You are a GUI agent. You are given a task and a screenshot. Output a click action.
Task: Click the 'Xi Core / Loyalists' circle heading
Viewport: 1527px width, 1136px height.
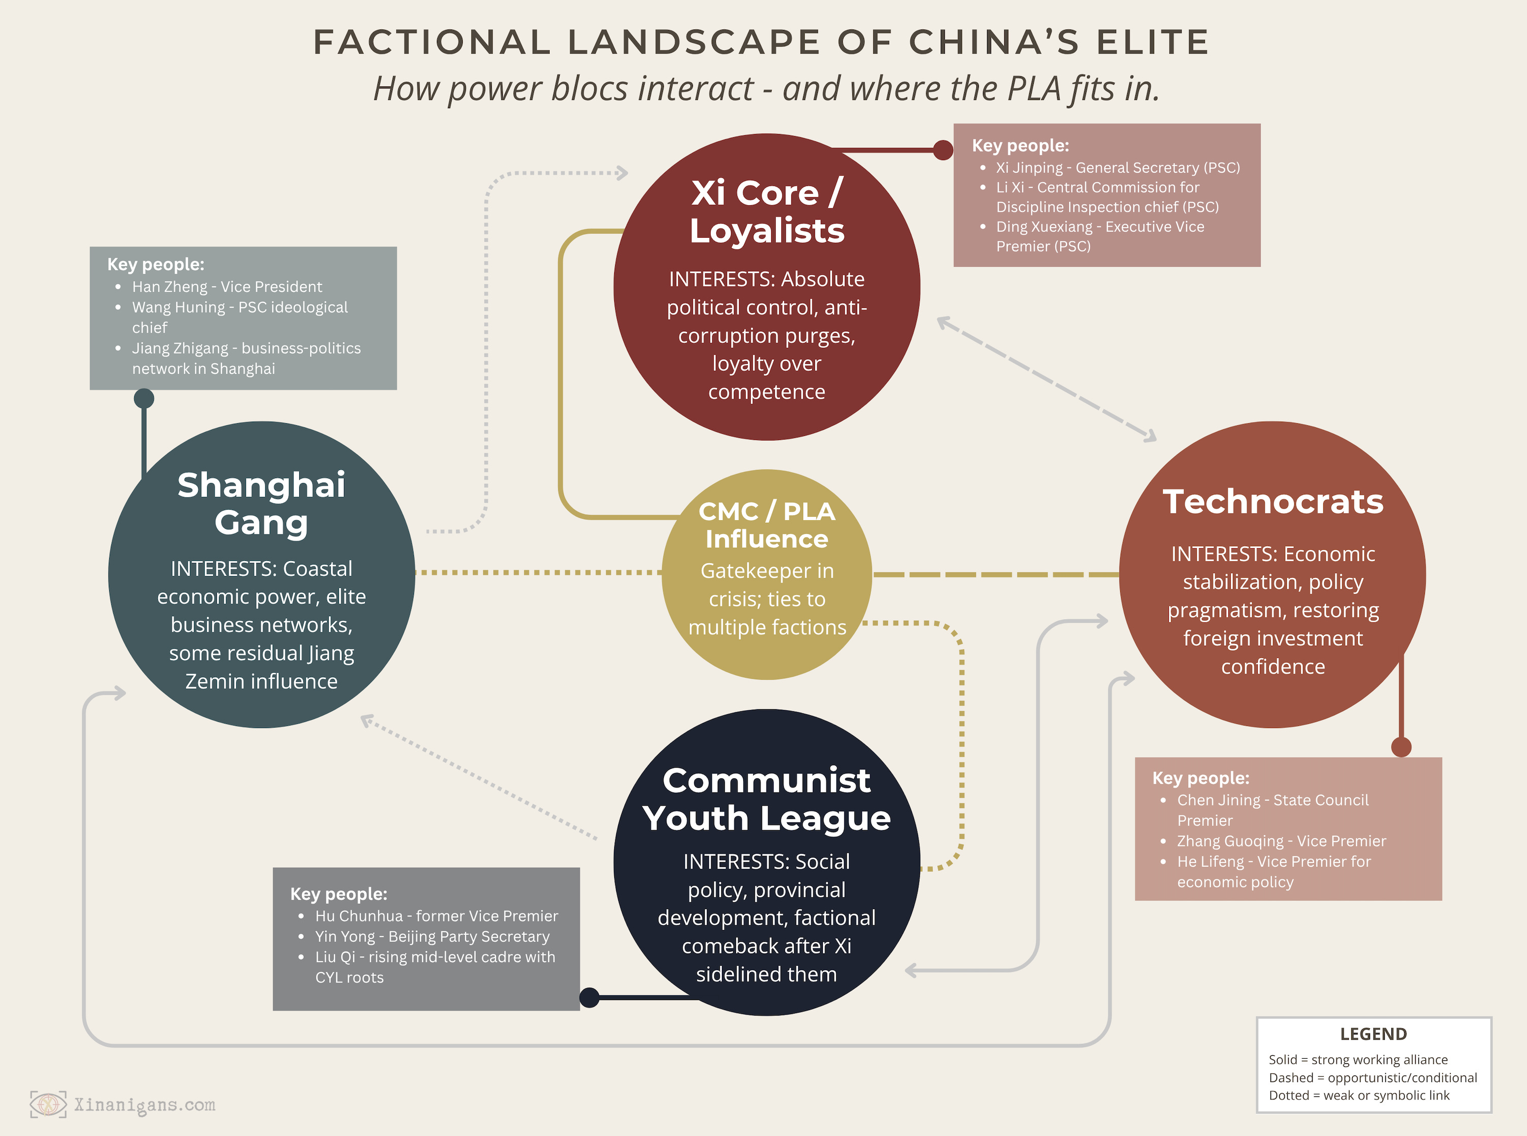click(767, 211)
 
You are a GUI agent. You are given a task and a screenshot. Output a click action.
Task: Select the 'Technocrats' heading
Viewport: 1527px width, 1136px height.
click(1272, 501)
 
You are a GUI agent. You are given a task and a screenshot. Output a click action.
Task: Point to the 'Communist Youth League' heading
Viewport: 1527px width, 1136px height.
click(767, 799)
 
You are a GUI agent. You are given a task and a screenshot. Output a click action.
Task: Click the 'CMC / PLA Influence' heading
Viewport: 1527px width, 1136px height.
click(767, 525)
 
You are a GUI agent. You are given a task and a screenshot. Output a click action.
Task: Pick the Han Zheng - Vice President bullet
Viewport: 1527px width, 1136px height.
click(227, 287)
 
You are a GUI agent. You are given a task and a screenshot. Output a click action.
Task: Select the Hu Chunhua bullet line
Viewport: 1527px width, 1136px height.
click(436, 916)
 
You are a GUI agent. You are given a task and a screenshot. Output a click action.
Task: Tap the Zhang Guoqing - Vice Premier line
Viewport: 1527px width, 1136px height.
click(1281, 841)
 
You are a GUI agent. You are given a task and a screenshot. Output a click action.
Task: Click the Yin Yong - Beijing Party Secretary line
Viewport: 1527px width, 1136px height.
click(432, 936)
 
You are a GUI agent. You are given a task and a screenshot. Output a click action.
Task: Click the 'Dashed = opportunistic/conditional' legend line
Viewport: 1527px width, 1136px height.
click(1372, 1078)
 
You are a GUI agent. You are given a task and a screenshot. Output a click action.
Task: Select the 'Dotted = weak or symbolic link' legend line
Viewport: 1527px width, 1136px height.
click(1358, 1095)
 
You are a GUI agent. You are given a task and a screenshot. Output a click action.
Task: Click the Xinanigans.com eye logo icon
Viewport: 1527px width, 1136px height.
click(48, 1105)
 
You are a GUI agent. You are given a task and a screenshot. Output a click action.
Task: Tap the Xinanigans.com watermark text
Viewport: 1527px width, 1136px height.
click(144, 1105)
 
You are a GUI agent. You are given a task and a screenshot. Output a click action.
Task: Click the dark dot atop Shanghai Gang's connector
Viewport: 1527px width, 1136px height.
click(144, 398)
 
